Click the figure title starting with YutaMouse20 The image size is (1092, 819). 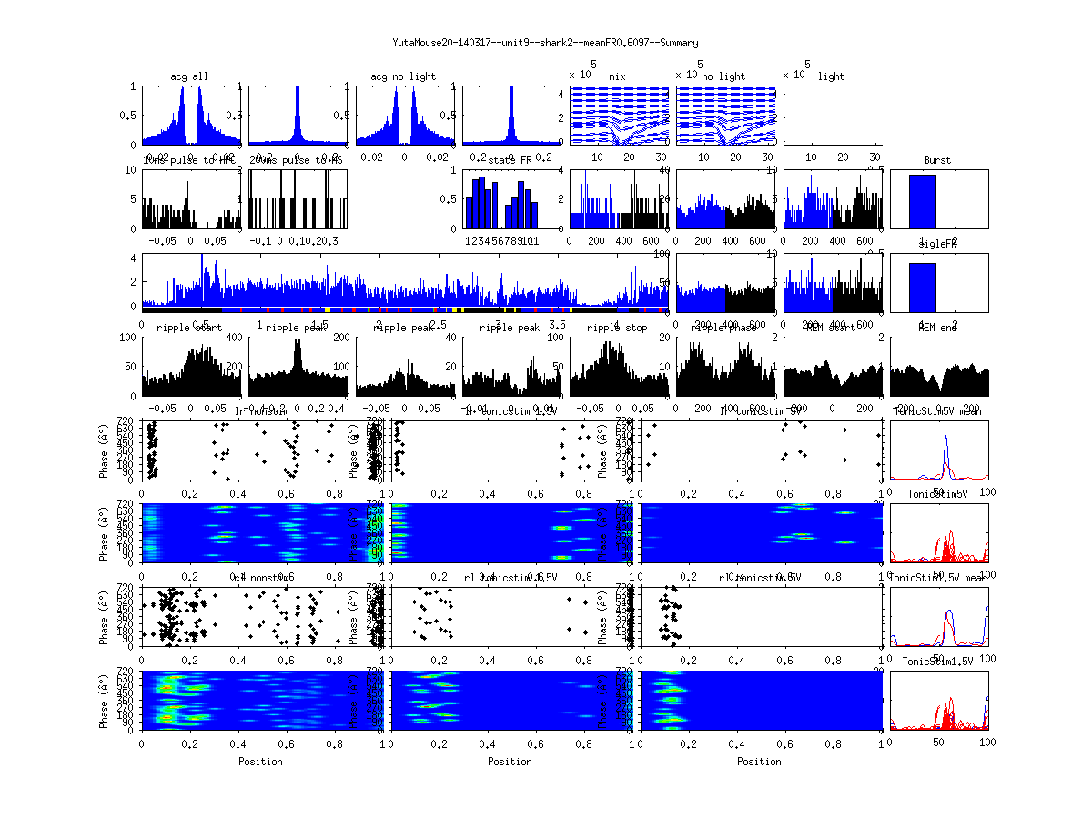tap(545, 43)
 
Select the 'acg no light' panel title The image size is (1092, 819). tap(403, 76)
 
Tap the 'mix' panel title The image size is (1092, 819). tap(618, 76)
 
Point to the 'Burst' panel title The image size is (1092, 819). tap(937, 160)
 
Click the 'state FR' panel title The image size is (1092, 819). tap(510, 160)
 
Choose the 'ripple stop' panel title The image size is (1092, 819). tap(616, 327)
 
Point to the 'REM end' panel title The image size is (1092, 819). tap(937, 327)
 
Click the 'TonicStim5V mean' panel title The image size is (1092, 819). tap(937, 410)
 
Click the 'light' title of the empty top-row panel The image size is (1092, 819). tap(831, 76)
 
